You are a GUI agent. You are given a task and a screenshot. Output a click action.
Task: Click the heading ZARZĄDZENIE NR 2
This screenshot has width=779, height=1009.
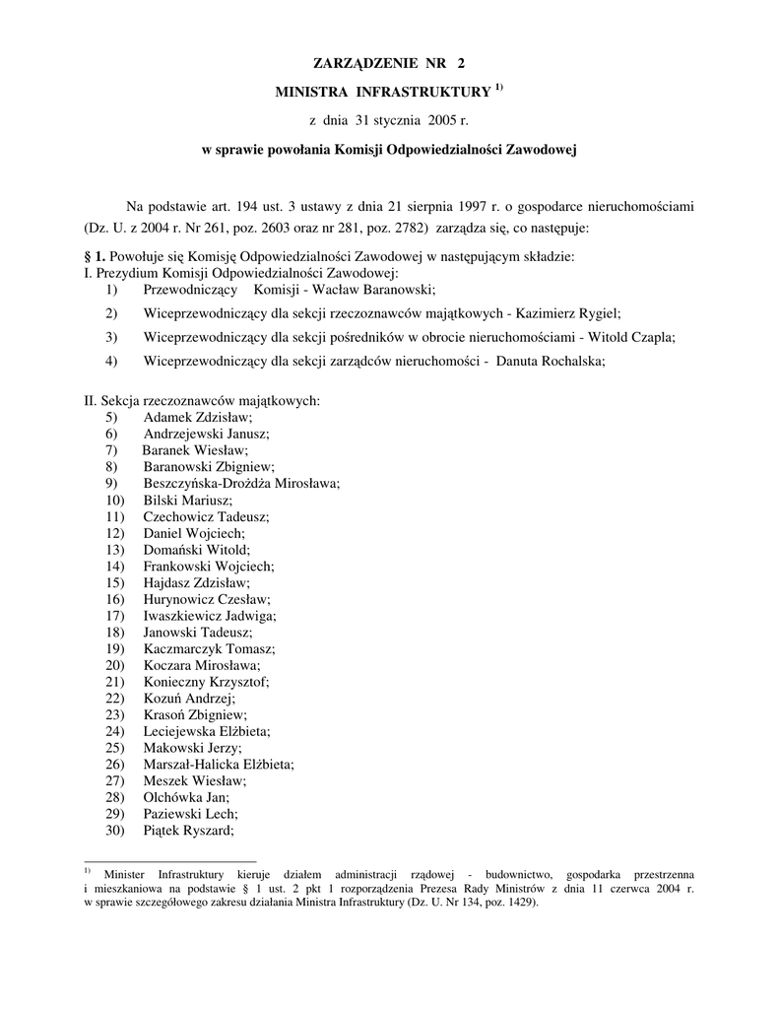click(388, 63)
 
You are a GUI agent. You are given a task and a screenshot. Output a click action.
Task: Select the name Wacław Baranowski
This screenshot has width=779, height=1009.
click(374, 290)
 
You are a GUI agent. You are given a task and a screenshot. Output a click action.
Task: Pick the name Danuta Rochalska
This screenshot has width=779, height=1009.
click(550, 361)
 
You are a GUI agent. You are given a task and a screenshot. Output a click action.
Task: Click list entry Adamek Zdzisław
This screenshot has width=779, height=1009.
click(197, 417)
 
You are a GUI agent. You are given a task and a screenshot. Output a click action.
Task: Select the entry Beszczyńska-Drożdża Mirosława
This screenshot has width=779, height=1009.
click(240, 484)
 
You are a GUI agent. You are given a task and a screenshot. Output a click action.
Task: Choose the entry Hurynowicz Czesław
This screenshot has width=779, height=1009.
click(206, 599)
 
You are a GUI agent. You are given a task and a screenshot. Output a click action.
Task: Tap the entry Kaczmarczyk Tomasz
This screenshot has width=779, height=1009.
click(209, 649)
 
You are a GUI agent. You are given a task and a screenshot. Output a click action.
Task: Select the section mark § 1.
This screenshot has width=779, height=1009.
click(97, 256)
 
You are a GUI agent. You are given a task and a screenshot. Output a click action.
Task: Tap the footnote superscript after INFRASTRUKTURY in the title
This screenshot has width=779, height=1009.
click(499, 89)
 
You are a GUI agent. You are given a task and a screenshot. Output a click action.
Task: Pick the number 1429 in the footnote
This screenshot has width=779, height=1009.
click(517, 903)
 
